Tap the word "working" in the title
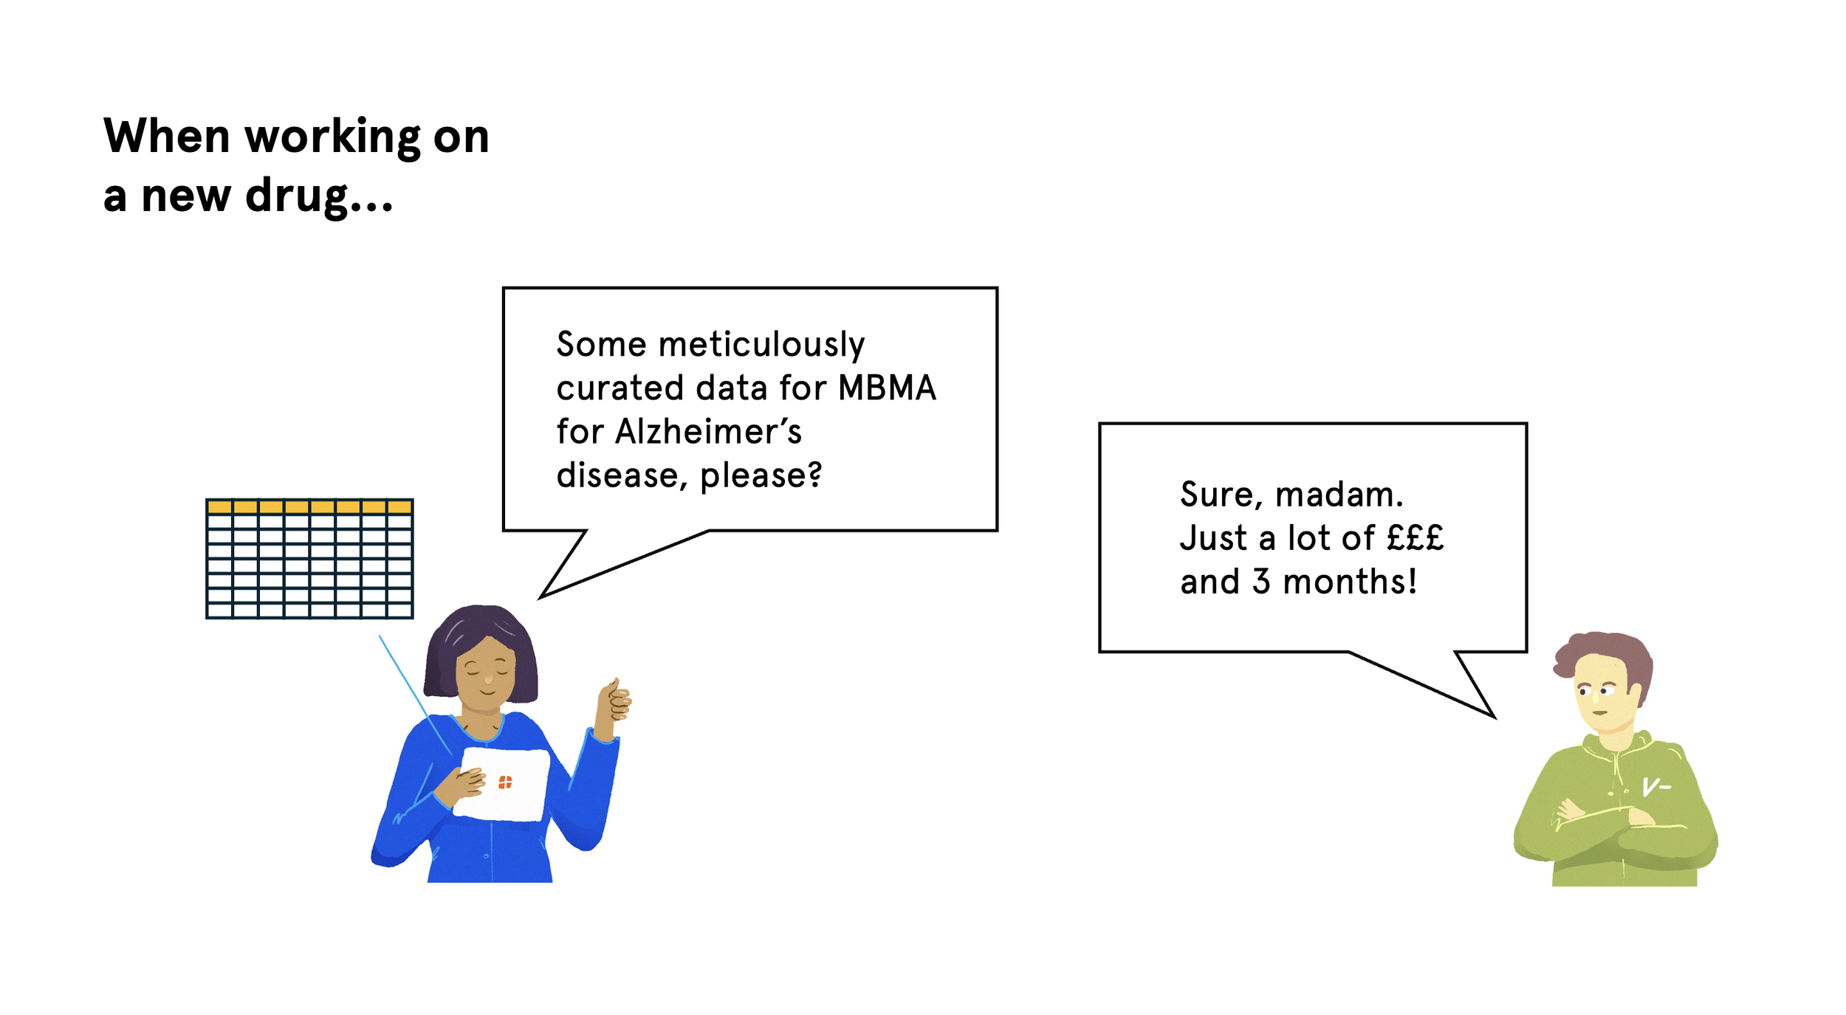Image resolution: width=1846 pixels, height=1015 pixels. click(x=333, y=137)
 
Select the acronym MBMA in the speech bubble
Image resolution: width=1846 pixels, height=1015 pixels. click(x=887, y=388)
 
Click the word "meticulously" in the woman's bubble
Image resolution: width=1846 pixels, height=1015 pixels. click(x=761, y=345)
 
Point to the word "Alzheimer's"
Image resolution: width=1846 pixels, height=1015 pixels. click(x=708, y=432)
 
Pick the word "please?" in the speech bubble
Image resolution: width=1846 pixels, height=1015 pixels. click(x=761, y=475)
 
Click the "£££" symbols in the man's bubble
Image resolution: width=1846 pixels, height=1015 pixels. click(x=1415, y=538)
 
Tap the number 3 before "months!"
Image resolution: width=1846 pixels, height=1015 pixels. click(x=1261, y=582)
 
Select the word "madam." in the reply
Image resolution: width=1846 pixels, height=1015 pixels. click(x=1339, y=495)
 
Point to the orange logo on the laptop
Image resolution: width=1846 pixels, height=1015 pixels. click(x=505, y=782)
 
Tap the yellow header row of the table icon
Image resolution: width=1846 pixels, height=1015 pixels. click(x=309, y=506)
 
